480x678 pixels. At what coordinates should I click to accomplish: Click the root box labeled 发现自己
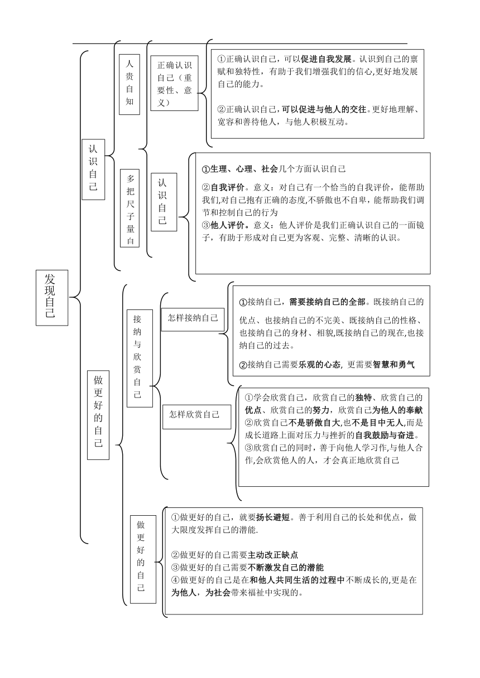52,298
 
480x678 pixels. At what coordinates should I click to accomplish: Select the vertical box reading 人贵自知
129,84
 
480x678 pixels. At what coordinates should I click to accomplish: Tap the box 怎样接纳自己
193,319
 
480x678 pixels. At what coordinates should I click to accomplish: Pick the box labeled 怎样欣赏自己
196,417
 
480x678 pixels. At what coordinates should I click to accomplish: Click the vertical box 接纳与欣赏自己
140,359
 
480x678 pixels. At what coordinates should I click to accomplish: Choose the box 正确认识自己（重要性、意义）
175,83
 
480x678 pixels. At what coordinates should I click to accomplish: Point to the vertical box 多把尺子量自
129,208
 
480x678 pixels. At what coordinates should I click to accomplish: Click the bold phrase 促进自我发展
326,59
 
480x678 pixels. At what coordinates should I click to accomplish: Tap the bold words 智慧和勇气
393,365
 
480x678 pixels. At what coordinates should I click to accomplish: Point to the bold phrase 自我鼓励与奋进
385,435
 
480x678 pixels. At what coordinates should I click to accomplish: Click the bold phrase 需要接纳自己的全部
327,302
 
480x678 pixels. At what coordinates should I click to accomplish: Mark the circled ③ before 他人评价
206,225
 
